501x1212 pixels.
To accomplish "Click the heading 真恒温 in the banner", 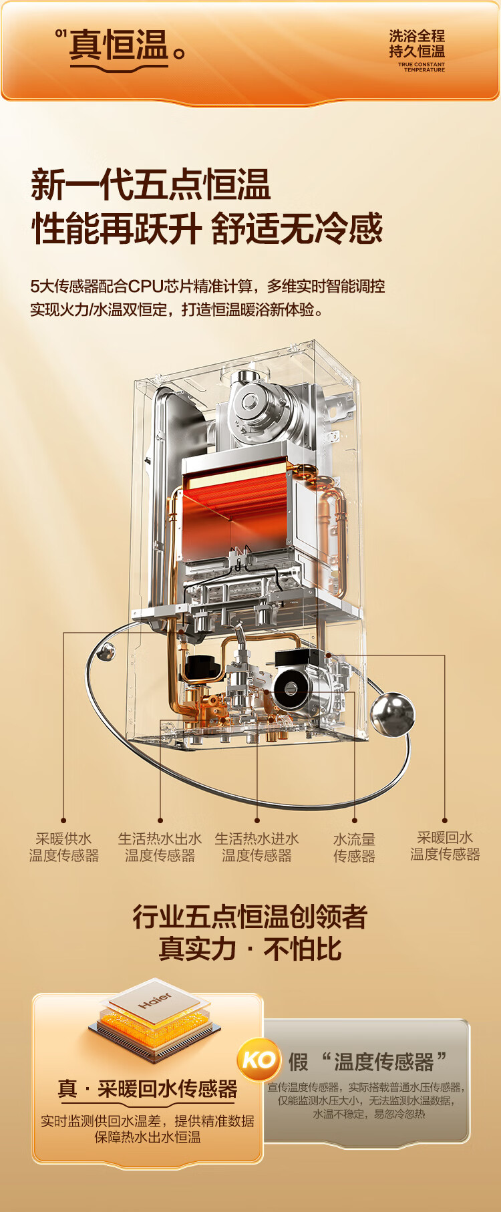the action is pos(119,45).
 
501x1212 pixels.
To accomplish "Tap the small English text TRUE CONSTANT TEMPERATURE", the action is pos(421,67).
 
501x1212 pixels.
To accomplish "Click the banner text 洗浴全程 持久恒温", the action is pos(417,43).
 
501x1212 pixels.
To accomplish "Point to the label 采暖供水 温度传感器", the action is pos(64,847).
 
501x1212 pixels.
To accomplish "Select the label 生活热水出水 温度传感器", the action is pos(160,847).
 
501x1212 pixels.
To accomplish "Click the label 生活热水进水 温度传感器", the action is pos(257,847).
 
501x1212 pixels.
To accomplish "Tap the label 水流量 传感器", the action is pos(354,847).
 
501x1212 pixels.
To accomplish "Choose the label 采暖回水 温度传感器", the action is pos(445,846).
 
